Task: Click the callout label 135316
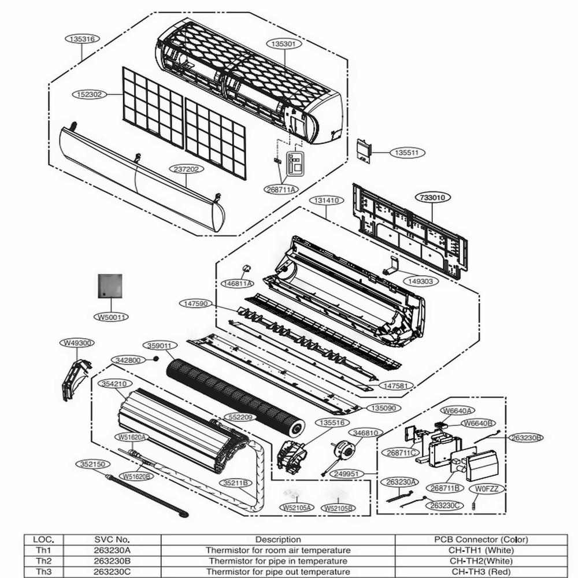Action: pos(82,39)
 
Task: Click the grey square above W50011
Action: pos(110,286)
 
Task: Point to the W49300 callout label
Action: pos(77,343)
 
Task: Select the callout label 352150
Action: pos(92,464)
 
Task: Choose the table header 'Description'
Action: pos(278,539)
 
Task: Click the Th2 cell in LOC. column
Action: pos(44,561)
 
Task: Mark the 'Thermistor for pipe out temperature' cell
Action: pos(278,571)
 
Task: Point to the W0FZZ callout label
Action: pos(487,488)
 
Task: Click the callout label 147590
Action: pos(195,303)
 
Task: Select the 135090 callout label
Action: pos(383,407)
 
